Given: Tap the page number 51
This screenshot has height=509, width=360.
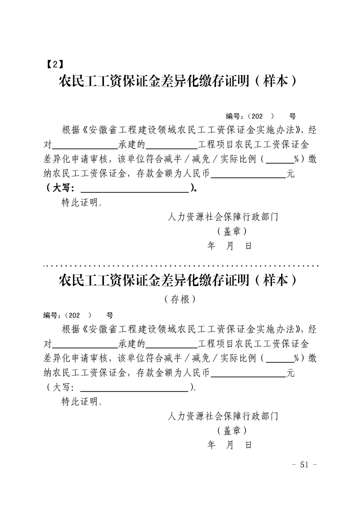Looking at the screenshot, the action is [305, 465].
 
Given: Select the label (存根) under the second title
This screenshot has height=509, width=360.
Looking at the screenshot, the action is [180, 299].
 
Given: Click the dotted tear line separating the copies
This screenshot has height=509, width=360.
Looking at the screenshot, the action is [181, 266].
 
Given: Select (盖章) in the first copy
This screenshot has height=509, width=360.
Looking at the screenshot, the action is [232, 231].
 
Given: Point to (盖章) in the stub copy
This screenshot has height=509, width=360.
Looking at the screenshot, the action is [232, 431].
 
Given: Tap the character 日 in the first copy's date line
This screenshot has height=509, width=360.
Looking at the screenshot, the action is [249, 246].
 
